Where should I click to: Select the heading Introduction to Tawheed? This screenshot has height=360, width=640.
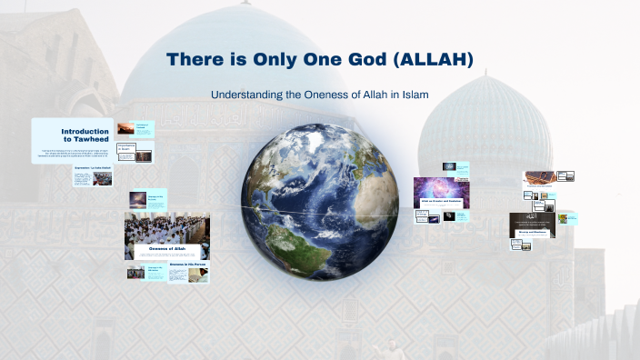(85, 133)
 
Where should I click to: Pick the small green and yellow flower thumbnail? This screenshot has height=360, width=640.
(567, 219)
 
